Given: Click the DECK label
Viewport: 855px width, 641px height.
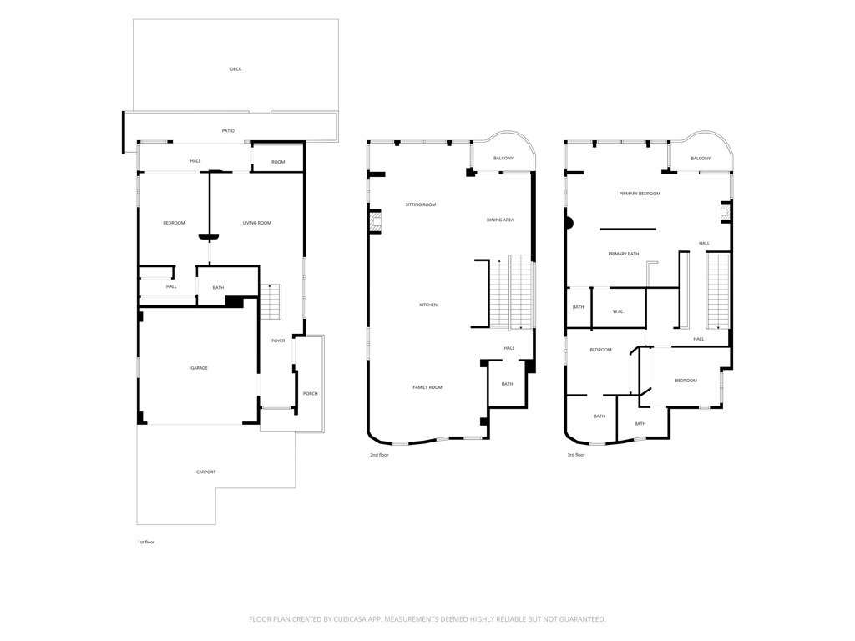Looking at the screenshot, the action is [x=235, y=69].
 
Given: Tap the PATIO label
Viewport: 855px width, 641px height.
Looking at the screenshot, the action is [x=228, y=131].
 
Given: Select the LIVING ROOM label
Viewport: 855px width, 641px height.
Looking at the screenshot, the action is [x=257, y=223].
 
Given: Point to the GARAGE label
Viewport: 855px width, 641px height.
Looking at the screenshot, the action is [x=199, y=368].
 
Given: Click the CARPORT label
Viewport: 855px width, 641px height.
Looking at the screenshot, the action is [x=205, y=472].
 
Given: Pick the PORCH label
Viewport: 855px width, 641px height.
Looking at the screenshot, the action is [x=311, y=394].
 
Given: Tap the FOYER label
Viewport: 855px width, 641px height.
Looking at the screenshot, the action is [x=278, y=341].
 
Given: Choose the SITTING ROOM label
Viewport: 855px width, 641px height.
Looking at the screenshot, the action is [x=421, y=205].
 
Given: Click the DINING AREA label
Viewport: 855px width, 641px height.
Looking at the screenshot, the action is [x=500, y=220].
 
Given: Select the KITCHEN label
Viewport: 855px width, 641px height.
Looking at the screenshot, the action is [x=428, y=305].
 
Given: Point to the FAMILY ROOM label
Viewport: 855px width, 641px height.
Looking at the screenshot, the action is [x=427, y=387].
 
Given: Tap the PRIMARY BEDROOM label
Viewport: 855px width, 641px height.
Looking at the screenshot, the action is [x=640, y=194].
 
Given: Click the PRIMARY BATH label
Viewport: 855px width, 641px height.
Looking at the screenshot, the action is [x=623, y=254].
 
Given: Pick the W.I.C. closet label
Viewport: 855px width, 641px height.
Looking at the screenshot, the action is [x=619, y=312].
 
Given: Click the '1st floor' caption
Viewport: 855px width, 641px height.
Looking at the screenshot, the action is [x=146, y=543].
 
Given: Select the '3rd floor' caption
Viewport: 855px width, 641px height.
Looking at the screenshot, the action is [x=576, y=455].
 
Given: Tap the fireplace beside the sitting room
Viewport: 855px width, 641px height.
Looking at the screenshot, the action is [x=375, y=222].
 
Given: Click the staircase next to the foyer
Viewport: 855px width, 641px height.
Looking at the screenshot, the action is [x=271, y=301].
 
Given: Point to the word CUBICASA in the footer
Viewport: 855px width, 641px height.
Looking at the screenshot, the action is [x=355, y=619].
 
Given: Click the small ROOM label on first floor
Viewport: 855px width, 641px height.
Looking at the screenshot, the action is [x=278, y=162].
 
